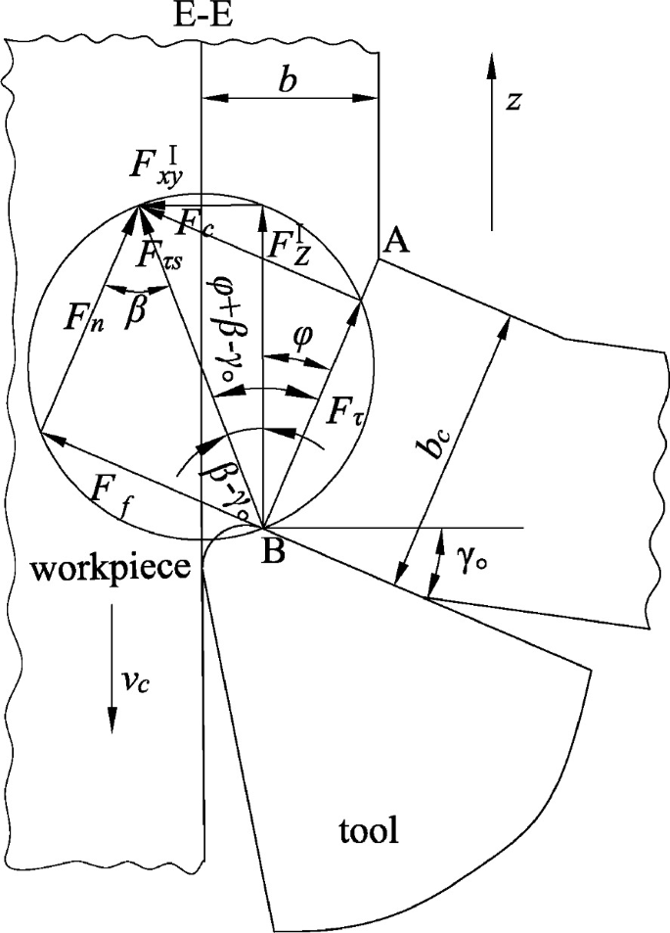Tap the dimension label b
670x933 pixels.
click(287, 82)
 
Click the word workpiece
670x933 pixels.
click(100, 571)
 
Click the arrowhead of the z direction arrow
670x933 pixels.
click(492, 66)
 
